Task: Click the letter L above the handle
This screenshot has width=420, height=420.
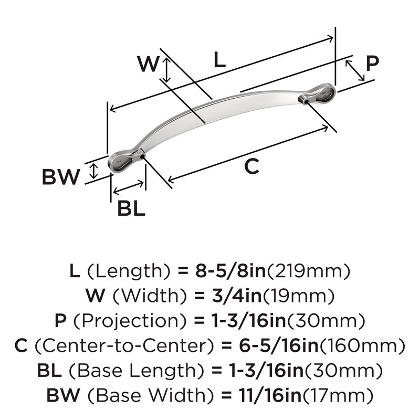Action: click(219, 59)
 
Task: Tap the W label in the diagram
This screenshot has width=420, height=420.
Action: click(148, 64)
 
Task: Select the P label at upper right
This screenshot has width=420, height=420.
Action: click(372, 64)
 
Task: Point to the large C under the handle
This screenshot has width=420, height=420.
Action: click(252, 166)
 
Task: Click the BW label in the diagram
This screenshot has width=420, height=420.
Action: click(61, 177)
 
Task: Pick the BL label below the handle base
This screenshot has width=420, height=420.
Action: click(131, 208)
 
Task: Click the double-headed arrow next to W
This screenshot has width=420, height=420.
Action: click(166, 70)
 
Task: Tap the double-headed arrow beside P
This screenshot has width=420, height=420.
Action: click(355, 70)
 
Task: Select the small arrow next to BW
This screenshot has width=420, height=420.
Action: click(93, 171)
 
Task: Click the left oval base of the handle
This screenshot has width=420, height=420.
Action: click(120, 163)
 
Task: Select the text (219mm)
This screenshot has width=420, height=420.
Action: click(309, 271)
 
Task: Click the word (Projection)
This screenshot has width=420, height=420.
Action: click(129, 321)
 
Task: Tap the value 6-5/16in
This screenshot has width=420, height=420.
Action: click(279, 345)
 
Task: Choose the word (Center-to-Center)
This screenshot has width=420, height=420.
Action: click(124, 346)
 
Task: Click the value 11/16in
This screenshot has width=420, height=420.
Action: click(270, 395)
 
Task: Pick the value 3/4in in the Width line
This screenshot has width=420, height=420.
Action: click(237, 296)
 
